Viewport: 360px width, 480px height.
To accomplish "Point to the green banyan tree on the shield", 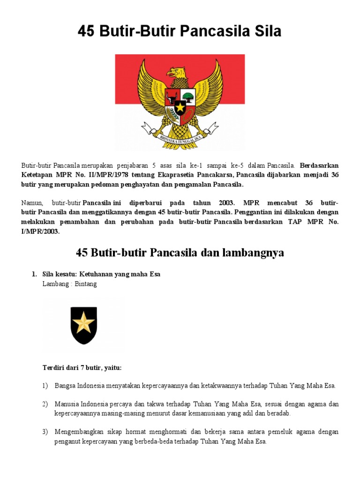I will click(x=187, y=97).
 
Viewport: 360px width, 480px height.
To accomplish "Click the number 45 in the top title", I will click(x=88, y=32).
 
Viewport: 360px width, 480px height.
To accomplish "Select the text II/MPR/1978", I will click(x=99, y=175).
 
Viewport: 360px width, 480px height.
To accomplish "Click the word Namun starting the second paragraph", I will click(x=31, y=203).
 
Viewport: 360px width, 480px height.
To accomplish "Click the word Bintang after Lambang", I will click(x=86, y=284).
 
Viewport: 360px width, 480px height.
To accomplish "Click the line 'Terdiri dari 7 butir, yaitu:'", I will click(x=82, y=368).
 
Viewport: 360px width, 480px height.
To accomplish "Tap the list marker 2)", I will click(x=45, y=404).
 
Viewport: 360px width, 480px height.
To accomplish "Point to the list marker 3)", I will click(x=45, y=432).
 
